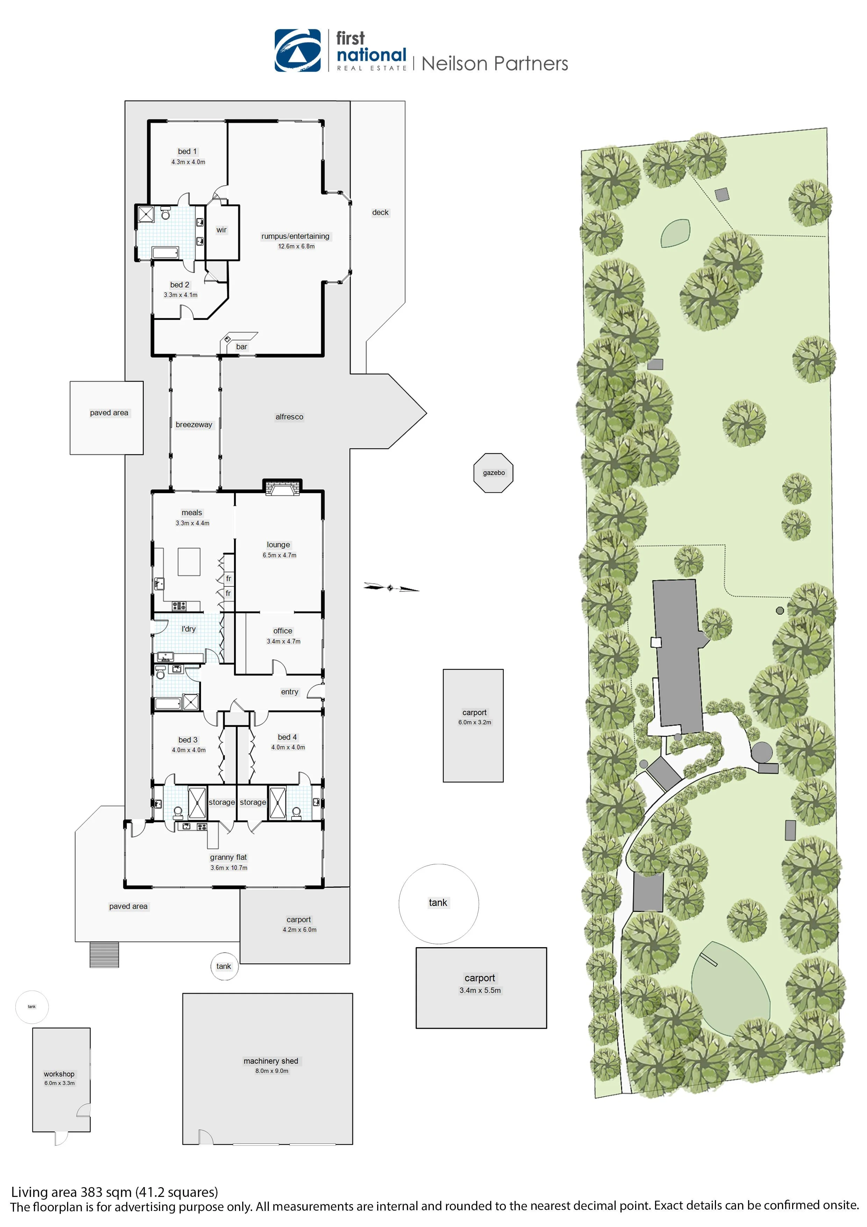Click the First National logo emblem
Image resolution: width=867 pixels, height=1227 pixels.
pos(297,50)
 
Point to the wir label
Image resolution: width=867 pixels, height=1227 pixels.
pos(221,230)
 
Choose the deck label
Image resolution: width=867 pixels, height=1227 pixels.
pos(380,212)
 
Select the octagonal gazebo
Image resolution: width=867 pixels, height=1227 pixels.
pos(493,473)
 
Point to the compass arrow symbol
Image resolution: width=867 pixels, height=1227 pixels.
pos(390,588)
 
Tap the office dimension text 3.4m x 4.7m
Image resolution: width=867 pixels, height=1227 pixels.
pos(284,641)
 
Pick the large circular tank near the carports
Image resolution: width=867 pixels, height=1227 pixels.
pos(439,903)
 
